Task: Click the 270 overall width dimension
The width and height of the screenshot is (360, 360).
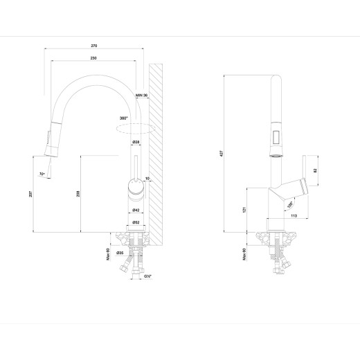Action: [93, 46]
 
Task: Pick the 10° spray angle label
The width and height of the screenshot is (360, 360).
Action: [42, 173]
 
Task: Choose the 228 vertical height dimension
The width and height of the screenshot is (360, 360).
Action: [78, 195]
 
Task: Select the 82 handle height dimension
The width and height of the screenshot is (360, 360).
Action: [316, 170]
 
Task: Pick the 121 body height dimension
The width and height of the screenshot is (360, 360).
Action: [245, 209]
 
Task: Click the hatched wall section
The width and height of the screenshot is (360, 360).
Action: [159, 152]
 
